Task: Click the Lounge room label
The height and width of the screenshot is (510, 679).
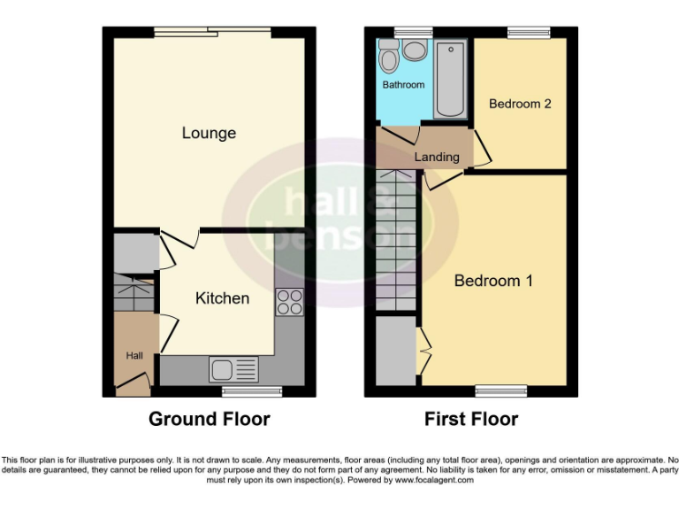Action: click(x=209, y=133)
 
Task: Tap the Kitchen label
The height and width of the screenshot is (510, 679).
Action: click(x=222, y=298)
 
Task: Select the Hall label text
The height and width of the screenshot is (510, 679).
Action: click(x=134, y=356)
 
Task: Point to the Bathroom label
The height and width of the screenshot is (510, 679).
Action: click(x=403, y=85)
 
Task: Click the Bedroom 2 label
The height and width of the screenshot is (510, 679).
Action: click(x=520, y=104)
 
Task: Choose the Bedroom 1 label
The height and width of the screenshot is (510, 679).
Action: click(x=493, y=281)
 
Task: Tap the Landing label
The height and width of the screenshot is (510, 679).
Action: click(x=437, y=157)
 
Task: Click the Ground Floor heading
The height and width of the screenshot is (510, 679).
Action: click(x=209, y=419)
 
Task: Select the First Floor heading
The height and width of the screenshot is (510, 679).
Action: click(x=471, y=419)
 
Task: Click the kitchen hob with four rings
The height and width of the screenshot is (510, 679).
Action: click(x=289, y=303)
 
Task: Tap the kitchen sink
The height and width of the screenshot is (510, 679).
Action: click(x=233, y=367)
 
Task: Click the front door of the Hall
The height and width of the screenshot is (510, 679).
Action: click(x=133, y=382)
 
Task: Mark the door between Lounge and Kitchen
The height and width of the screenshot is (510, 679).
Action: click(x=172, y=249)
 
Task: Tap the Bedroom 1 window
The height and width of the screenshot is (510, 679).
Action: click(x=501, y=388)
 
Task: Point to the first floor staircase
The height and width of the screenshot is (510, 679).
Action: click(x=396, y=240)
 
